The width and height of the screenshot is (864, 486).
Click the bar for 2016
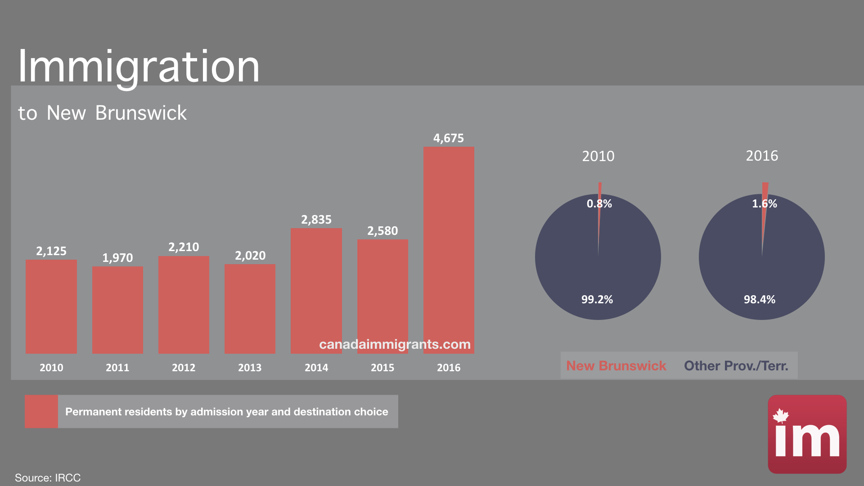click(449, 250)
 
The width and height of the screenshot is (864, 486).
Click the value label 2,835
click(316, 220)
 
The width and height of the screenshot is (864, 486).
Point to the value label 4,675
click(448, 138)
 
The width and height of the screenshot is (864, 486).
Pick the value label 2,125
click(51, 251)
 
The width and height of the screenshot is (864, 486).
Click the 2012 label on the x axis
click(184, 368)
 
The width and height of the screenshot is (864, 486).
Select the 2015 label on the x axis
click(382, 368)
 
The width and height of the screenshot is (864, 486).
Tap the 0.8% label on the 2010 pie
click(599, 204)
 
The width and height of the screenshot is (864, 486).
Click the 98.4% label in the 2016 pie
click(759, 300)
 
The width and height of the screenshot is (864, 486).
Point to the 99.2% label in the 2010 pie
click(597, 300)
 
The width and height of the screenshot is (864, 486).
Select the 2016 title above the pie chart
click(762, 156)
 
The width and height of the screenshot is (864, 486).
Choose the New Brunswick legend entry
click(616, 366)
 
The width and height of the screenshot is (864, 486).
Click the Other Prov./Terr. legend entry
click(736, 366)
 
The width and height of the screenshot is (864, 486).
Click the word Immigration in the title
click(139, 67)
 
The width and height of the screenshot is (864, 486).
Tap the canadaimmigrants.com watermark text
click(395, 344)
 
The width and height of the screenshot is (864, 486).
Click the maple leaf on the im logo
click(781, 416)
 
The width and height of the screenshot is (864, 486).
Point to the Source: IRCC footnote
click(48, 477)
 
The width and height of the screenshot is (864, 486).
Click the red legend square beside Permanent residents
click(41, 411)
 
